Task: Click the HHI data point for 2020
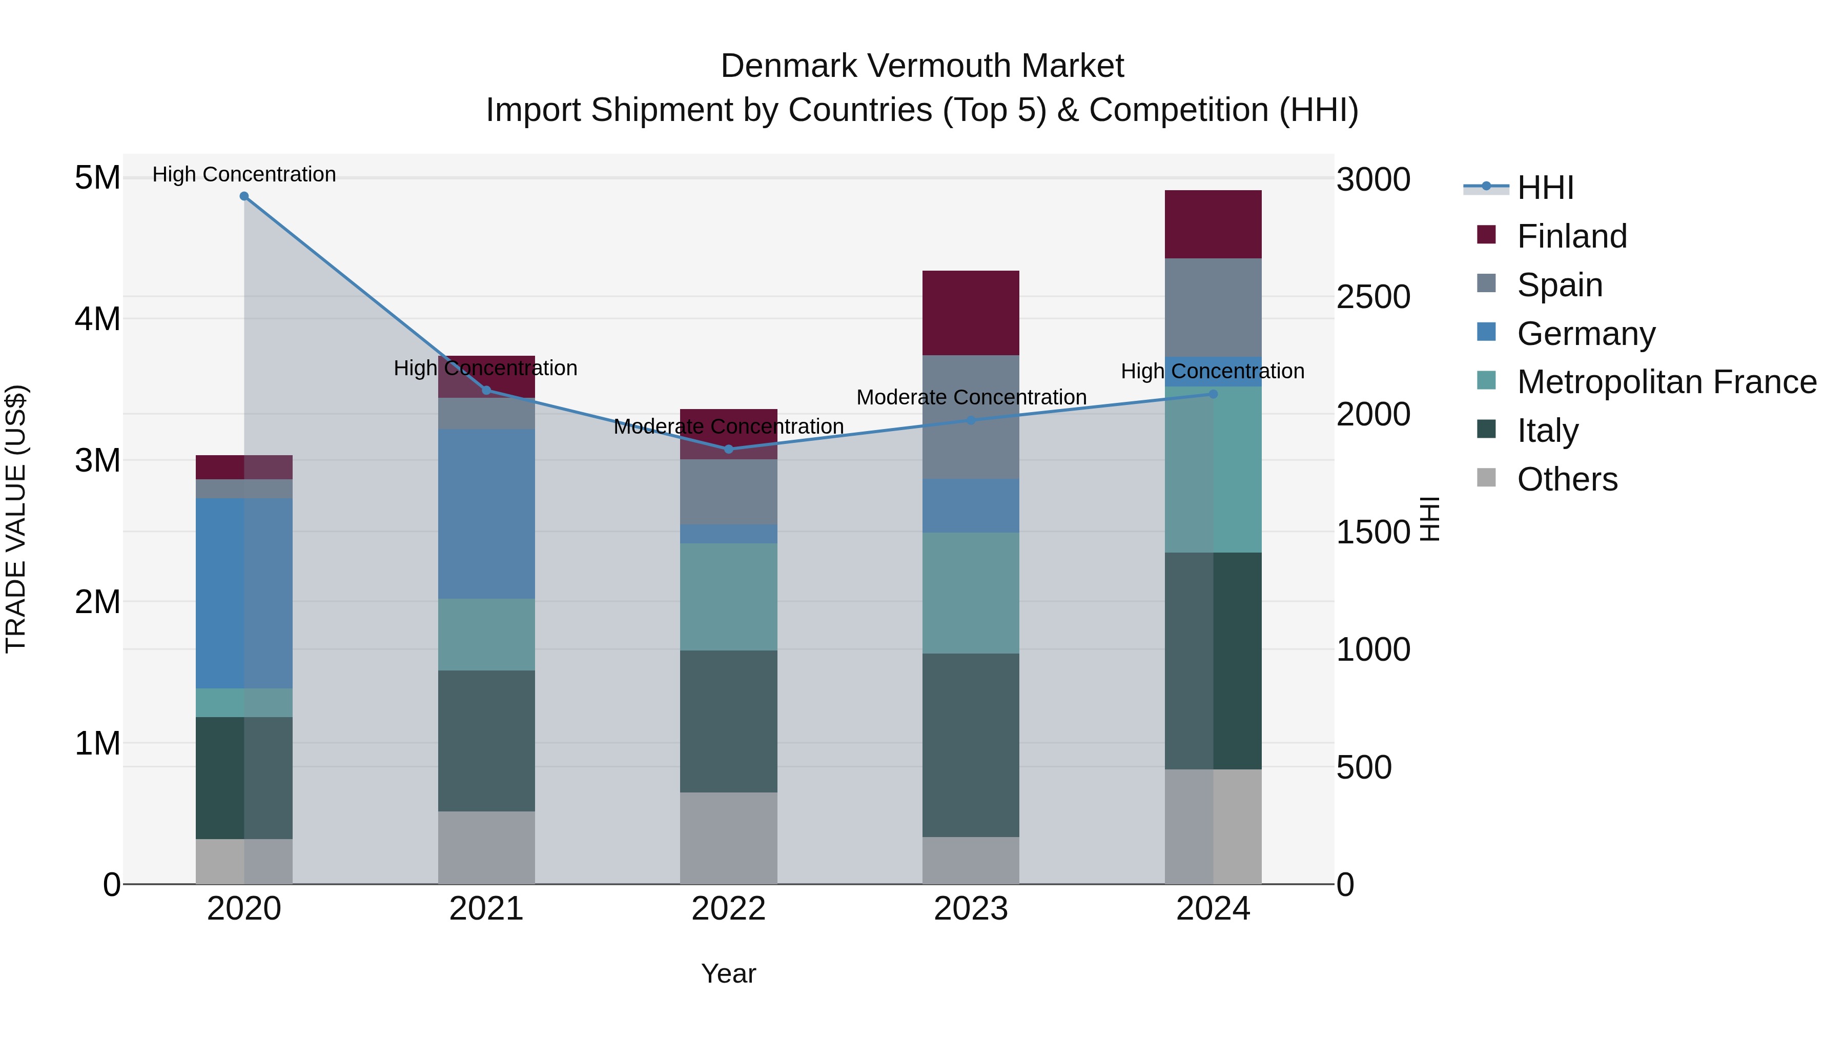[244, 196]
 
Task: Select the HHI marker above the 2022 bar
[728, 449]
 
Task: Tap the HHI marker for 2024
[1213, 394]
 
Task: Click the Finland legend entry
[1571, 236]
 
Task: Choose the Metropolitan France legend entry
[1666, 382]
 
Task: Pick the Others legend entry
[1566, 479]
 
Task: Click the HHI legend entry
[1544, 188]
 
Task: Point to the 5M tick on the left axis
[97, 178]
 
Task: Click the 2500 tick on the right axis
[1373, 297]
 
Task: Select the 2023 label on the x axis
[971, 909]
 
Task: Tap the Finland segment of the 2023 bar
[971, 313]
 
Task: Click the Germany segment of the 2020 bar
[244, 593]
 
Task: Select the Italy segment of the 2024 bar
[1213, 661]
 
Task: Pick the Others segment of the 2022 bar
[728, 838]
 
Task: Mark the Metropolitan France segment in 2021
[486, 634]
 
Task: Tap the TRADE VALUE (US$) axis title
[16, 519]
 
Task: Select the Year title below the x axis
[728, 973]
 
